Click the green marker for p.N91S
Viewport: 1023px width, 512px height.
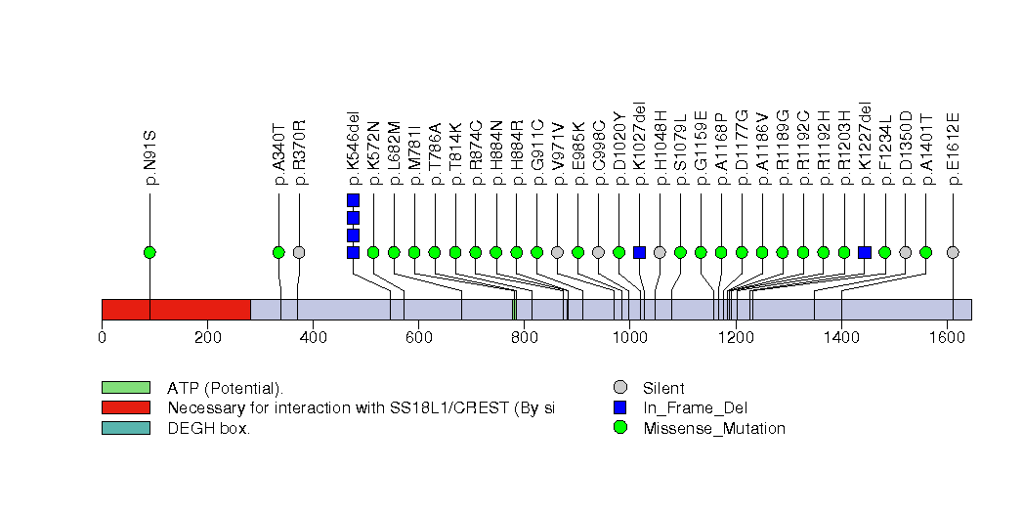(149, 252)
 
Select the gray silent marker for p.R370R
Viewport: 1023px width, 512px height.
(299, 252)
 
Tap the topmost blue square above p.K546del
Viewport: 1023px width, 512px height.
(353, 200)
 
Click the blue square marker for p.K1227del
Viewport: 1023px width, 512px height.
(865, 252)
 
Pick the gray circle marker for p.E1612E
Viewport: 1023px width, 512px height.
(953, 252)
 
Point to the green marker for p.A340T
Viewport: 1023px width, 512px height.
(278, 252)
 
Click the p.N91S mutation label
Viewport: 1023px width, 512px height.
(151, 156)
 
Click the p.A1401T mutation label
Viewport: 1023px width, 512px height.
(926, 149)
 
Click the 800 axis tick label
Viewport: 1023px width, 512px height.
(523, 338)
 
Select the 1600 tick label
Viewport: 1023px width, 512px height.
(946, 338)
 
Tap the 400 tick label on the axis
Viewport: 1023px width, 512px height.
(313, 338)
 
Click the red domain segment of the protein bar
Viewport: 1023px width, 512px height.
(176, 309)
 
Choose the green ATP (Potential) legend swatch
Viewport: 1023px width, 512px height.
(125, 388)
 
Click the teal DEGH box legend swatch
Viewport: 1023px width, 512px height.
(125, 428)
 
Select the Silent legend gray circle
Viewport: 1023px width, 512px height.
(619, 388)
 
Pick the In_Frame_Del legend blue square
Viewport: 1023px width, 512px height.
(619, 407)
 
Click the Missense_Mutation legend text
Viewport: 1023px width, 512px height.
(713, 428)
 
